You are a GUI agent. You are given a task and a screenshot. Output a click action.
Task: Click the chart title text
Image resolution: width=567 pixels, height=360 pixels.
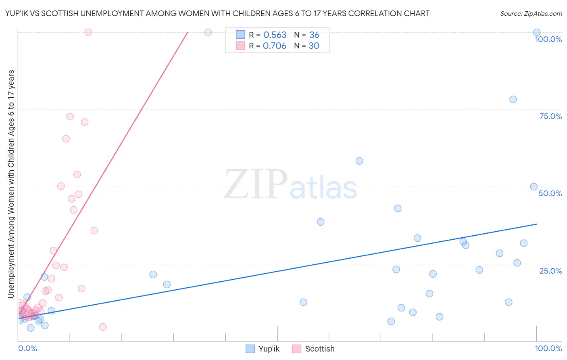click(217, 13)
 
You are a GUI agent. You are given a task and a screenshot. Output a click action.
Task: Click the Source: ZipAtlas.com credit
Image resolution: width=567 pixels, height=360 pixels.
click(531, 13)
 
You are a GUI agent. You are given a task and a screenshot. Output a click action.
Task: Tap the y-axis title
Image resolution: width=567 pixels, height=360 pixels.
click(11, 184)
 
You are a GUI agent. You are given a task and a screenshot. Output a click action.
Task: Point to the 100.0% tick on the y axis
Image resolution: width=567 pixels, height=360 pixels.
click(548, 39)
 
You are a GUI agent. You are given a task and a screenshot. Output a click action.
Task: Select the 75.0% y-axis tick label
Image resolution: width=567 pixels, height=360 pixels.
click(550, 116)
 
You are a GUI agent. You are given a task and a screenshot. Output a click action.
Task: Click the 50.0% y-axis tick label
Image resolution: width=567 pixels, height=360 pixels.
click(550, 193)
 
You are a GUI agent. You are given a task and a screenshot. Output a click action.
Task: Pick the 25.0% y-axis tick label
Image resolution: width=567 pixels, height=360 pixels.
click(550, 271)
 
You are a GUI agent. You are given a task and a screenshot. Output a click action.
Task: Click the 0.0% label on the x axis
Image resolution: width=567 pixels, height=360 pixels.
click(27, 348)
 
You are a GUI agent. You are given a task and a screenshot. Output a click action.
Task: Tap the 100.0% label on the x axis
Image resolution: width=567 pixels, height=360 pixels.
click(548, 348)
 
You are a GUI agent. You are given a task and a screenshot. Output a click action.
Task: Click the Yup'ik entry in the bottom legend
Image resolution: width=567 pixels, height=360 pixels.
click(263, 349)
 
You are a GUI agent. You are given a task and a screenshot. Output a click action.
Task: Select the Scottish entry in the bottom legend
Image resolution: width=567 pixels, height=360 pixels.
click(314, 349)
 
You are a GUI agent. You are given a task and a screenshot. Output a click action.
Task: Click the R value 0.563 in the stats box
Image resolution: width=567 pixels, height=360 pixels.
click(275, 35)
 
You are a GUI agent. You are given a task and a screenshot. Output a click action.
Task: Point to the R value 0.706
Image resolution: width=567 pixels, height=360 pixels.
click(275, 46)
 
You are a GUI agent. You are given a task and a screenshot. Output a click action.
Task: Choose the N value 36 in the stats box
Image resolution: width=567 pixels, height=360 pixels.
click(314, 35)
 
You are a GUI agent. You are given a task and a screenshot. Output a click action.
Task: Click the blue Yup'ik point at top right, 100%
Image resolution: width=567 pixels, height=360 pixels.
click(537, 32)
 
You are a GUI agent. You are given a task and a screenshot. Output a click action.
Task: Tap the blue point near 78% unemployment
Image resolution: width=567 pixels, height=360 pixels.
click(513, 99)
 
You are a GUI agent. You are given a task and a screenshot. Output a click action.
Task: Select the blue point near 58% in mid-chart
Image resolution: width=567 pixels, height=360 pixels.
click(359, 161)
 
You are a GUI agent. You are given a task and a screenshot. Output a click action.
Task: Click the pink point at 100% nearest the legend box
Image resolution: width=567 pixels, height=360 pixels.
click(208, 32)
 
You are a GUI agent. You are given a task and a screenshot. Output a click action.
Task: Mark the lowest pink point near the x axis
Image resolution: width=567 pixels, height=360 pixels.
click(103, 327)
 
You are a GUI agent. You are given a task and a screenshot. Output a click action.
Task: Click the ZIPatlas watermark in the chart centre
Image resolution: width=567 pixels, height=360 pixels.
click(290, 184)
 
